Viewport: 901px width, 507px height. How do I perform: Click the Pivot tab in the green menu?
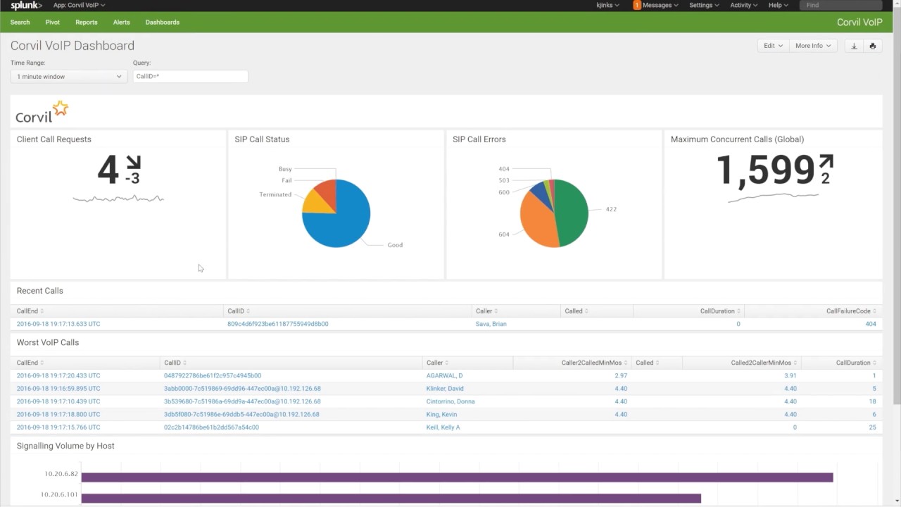[53, 23]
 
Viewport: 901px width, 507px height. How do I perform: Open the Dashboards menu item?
[162, 23]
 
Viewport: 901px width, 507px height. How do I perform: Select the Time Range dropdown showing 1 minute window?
[69, 77]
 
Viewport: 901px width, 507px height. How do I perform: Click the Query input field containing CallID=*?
[190, 77]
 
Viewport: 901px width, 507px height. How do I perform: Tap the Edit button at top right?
[772, 46]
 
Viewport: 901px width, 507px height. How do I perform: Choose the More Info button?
[812, 46]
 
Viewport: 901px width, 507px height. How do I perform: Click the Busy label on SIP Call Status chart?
[285, 169]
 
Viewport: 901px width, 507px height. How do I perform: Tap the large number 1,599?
[765, 171]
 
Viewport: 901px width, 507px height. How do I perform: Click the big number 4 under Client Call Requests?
[108, 170]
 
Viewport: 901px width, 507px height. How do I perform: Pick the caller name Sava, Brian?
[491, 324]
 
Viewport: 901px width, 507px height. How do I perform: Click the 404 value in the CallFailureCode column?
[870, 324]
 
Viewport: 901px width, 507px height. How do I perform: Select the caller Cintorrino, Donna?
[450, 401]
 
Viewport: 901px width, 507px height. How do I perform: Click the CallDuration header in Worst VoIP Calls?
[852, 363]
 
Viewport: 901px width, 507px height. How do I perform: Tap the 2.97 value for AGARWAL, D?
[620, 376]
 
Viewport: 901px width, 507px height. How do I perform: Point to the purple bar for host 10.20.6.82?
[457, 477]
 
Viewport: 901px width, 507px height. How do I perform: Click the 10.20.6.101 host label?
[59, 495]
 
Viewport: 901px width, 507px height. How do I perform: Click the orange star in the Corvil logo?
[61, 108]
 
